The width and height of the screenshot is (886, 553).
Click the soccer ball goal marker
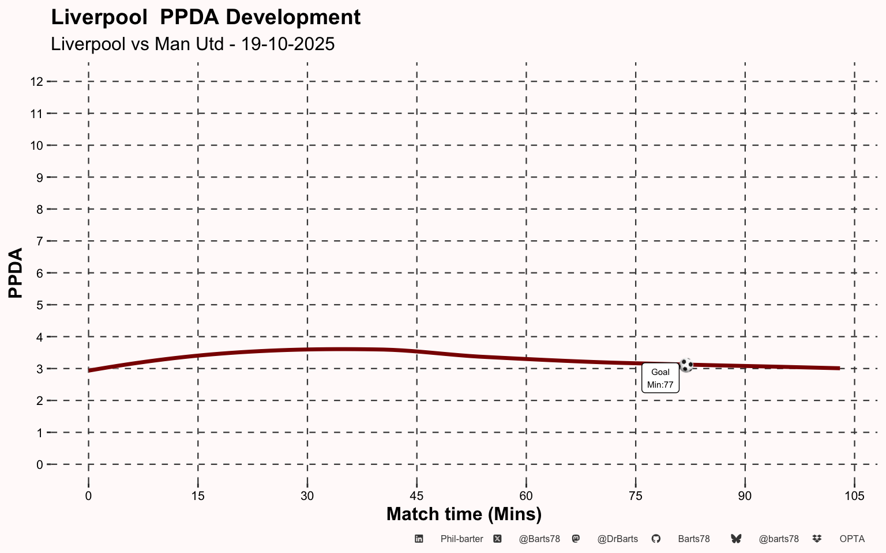[x=686, y=365]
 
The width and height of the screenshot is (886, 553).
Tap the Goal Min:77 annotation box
[x=660, y=378]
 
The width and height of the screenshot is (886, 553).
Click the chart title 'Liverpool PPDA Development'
[x=205, y=17]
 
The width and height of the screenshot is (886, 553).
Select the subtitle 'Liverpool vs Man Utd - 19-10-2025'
[x=193, y=44]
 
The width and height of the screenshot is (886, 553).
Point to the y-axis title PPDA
[x=16, y=273]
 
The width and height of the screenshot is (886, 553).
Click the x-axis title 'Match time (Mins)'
[x=464, y=514]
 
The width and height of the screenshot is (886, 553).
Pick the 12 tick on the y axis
[x=37, y=82]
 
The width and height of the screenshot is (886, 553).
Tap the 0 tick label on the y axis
[x=39, y=465]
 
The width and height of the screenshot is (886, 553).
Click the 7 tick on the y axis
[x=39, y=241]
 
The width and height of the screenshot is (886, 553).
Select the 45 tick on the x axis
[x=416, y=496]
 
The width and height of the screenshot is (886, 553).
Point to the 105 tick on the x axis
[x=854, y=496]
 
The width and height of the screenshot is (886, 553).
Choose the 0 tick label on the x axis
[x=88, y=496]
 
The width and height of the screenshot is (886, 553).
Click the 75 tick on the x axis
[x=635, y=496]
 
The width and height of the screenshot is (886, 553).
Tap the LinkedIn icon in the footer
[x=419, y=539]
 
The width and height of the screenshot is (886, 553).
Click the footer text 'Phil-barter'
[x=461, y=539]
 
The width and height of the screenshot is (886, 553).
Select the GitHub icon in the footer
[x=656, y=539]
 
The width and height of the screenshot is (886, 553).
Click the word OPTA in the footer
[x=852, y=539]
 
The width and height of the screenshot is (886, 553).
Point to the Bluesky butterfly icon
[x=736, y=539]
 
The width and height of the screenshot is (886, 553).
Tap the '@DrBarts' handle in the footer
[x=617, y=539]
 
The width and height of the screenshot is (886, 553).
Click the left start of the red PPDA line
[x=89, y=370]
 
